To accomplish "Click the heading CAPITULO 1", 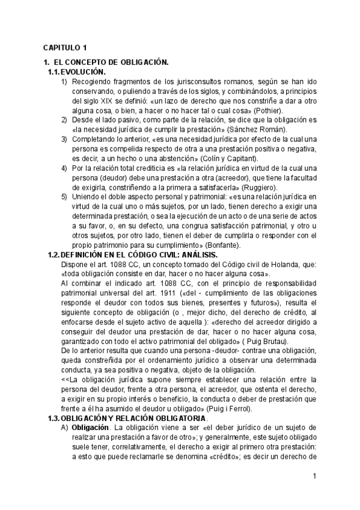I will [x=65, y=48].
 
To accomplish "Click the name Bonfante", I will [x=223, y=245].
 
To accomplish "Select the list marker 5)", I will [x=64, y=197].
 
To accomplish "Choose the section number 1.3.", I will [x=53, y=418].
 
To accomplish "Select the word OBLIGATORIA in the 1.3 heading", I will [x=178, y=418].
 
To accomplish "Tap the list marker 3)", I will [x=64, y=139].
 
